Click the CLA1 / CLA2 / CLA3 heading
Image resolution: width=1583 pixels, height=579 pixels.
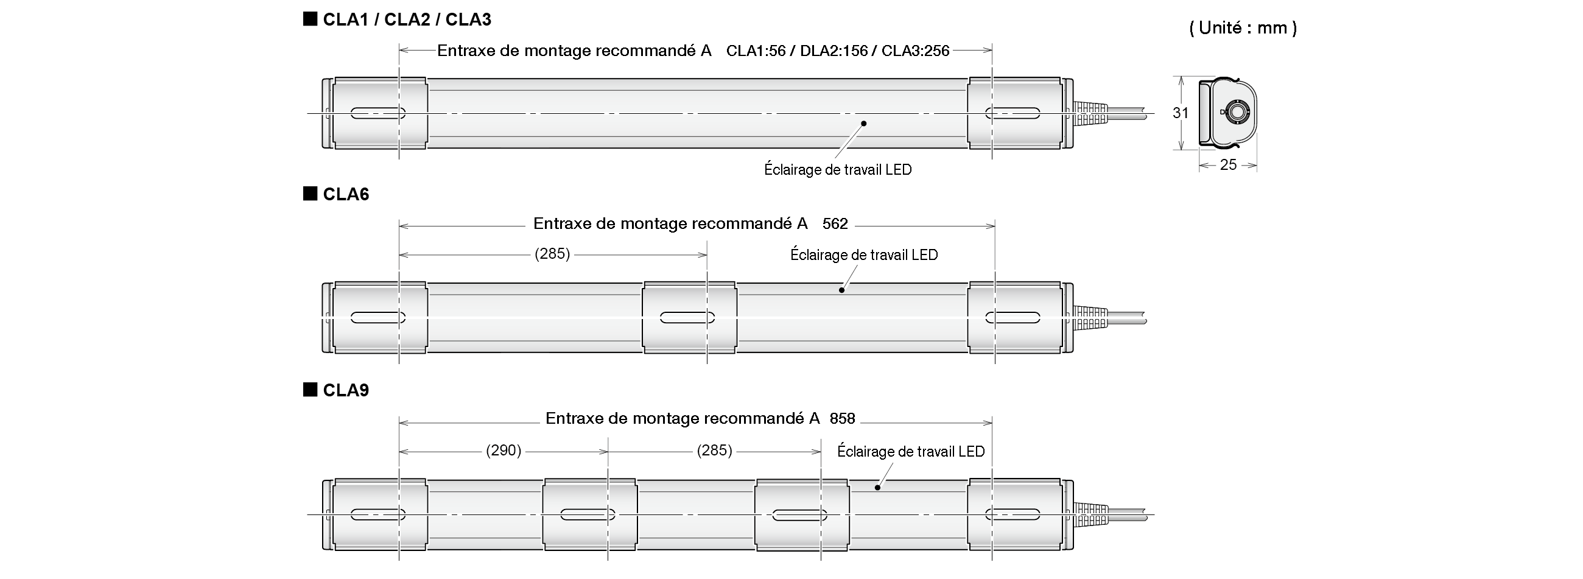pos(406,19)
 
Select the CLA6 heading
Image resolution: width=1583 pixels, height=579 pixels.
pos(345,194)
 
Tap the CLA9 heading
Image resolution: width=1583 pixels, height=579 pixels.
pos(345,390)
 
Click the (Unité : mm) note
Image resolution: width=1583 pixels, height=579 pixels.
pos(1243,27)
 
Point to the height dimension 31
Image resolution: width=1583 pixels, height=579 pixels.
pos(1180,113)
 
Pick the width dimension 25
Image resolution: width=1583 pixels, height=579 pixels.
pos(1228,165)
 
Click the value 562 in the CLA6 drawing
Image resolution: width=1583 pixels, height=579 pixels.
pos(835,223)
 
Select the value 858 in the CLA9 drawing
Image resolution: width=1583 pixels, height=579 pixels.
pos(842,419)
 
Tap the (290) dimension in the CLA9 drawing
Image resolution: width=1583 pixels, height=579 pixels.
pos(504,451)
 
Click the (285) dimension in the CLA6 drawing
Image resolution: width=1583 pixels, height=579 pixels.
pos(552,254)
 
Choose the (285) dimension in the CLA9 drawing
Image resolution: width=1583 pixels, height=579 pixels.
pos(714,451)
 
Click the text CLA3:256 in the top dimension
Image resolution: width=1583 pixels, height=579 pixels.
pos(915,51)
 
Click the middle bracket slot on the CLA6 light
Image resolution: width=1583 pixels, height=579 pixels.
pos(687,318)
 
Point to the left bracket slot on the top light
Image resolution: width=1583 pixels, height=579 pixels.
pos(378,113)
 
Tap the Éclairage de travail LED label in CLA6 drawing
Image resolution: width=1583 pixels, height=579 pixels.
pos(863,254)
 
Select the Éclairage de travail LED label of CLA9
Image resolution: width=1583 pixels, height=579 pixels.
pos(910,452)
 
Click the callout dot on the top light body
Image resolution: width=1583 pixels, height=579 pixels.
pos(863,124)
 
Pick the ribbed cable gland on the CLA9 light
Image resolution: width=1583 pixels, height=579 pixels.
pos(1091,514)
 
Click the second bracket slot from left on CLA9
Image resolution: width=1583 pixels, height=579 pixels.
pos(588,514)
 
